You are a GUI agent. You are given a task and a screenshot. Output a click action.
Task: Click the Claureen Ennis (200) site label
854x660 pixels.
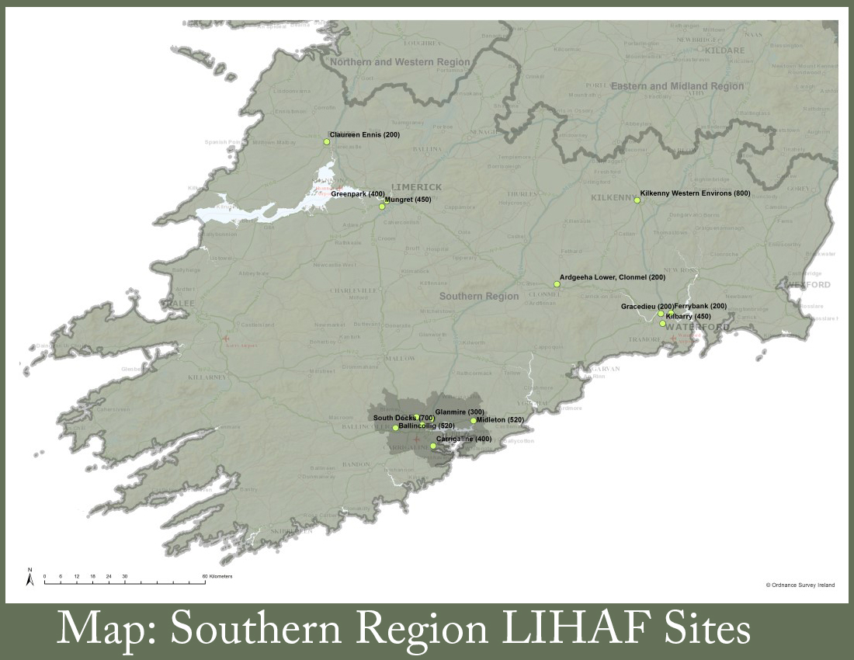(364, 135)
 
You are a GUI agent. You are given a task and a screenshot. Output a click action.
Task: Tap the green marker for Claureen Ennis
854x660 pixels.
(327, 141)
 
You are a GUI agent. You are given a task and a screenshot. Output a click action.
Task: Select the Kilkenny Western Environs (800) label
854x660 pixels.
(695, 193)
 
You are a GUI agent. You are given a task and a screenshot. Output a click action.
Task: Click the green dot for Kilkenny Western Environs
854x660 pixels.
(637, 200)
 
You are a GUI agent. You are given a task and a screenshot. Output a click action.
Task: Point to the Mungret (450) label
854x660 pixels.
(408, 200)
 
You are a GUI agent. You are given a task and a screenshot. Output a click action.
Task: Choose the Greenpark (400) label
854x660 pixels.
(358, 194)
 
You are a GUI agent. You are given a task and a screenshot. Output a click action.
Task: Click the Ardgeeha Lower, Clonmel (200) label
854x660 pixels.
(613, 277)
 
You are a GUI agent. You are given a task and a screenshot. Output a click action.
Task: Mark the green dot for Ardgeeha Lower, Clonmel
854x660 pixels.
(557, 284)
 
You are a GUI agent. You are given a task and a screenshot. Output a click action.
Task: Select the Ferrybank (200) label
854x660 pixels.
(700, 306)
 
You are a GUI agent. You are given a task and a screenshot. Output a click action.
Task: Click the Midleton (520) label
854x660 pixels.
(501, 420)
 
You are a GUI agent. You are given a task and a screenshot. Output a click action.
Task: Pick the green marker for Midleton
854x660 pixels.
(474, 421)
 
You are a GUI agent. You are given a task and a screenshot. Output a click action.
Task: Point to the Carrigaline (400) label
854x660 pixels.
(463, 439)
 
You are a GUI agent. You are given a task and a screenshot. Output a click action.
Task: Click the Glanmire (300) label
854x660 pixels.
(460, 412)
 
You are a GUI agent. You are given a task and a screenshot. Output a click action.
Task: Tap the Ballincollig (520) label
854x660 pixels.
(426, 426)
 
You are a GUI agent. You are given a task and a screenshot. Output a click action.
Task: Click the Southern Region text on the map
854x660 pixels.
(479, 297)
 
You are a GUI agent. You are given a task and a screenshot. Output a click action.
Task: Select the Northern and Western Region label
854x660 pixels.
(400, 62)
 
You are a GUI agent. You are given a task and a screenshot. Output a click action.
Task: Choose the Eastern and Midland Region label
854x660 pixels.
(677, 86)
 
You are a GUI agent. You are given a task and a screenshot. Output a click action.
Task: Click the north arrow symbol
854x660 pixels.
(30, 576)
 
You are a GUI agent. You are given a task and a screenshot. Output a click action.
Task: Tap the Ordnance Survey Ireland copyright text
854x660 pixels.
(800, 585)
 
